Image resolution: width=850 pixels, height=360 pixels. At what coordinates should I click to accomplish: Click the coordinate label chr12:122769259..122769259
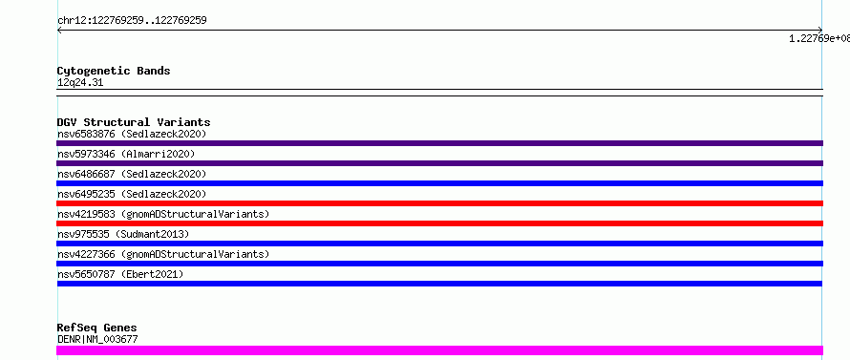(x=132, y=21)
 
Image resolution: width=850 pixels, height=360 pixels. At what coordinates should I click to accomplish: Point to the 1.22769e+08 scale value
(x=819, y=38)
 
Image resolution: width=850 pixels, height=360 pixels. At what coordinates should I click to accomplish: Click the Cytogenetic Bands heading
(x=114, y=71)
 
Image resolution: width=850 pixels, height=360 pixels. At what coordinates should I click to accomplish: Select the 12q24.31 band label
(x=80, y=83)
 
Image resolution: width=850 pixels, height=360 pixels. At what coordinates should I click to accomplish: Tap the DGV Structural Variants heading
(x=134, y=122)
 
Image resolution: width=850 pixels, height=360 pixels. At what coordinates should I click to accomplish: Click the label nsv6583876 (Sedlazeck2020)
(x=132, y=134)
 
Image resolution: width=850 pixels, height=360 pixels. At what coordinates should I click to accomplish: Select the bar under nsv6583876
(x=439, y=143)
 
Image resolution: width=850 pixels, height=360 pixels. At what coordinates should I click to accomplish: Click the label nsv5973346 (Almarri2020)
(x=126, y=154)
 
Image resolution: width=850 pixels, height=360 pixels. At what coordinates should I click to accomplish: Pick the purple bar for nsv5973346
(x=439, y=163)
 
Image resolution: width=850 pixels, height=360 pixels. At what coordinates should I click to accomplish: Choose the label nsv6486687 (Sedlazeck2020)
(x=132, y=174)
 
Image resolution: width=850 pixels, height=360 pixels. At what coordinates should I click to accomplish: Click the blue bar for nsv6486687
(x=439, y=183)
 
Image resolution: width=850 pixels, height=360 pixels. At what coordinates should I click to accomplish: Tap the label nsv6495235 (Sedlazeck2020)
(x=132, y=194)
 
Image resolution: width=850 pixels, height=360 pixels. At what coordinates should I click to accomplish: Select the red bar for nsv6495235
(x=439, y=203)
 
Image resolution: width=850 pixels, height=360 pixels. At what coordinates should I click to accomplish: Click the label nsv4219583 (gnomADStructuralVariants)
(x=163, y=214)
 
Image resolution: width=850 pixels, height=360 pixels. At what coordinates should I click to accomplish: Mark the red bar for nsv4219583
(x=439, y=223)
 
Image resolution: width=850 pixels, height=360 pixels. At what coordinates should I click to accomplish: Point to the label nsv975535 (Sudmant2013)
(x=123, y=234)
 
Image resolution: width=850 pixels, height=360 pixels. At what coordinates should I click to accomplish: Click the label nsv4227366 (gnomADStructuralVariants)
(x=163, y=254)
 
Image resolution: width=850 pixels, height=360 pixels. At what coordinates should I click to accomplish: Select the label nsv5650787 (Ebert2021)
(x=120, y=274)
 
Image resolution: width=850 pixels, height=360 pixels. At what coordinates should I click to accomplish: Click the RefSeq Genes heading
(x=96, y=328)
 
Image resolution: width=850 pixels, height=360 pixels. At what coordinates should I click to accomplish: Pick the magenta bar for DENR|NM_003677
(x=439, y=350)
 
